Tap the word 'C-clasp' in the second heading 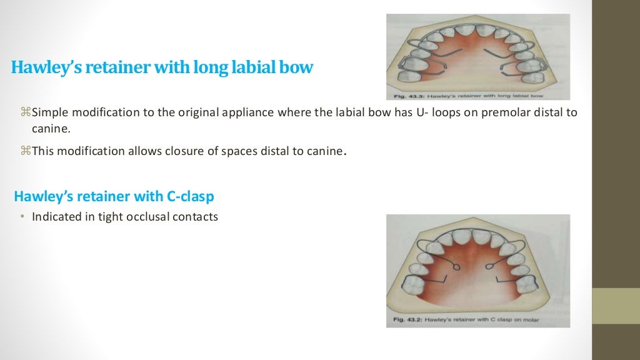tap(190, 196)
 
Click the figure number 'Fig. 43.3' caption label tap(410, 96)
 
